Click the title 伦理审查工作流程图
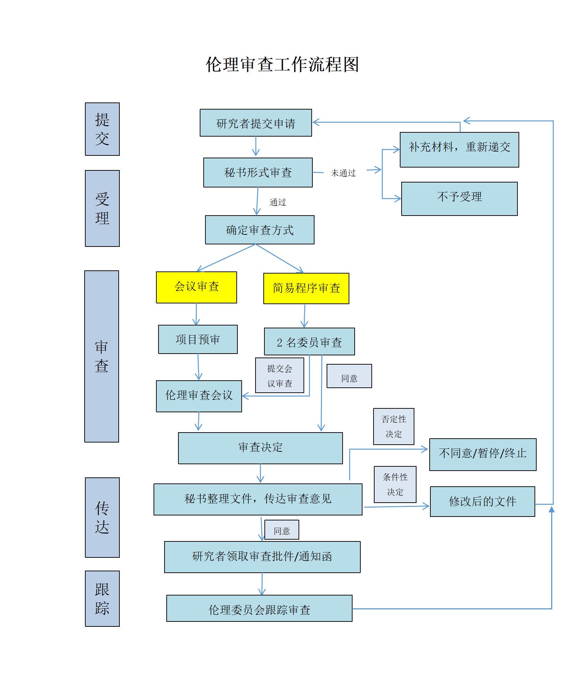282,65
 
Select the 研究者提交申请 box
256,123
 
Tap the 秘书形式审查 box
258,173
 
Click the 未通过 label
343,173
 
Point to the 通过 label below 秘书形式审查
278,202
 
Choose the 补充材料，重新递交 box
459,149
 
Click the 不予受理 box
459,198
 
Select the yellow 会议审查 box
197,287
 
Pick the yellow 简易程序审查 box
306,288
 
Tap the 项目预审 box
198,339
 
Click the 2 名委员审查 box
309,341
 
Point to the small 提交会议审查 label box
280,375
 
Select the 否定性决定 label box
393,426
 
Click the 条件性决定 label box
395,484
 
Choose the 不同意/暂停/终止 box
483,454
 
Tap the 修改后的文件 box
482,501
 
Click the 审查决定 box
260,448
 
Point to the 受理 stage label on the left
102,208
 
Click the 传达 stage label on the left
102,517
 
